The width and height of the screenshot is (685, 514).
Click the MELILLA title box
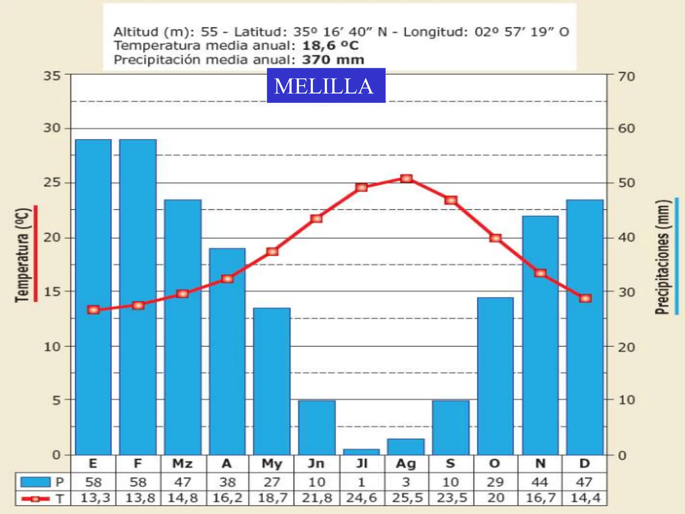coord(326,85)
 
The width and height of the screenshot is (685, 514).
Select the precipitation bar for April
coord(227,351)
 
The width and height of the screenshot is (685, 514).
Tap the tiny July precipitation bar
coord(361,452)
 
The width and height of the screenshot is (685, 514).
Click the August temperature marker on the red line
coord(406,179)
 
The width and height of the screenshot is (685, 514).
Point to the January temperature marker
coord(93,310)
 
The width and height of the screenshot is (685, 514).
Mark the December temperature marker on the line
coord(585,298)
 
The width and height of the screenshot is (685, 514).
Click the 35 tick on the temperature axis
coord(52,76)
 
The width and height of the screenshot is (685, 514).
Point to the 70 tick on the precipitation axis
coord(626,77)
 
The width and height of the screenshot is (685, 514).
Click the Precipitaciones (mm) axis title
coord(663,257)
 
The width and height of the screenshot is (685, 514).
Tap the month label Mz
coord(182,464)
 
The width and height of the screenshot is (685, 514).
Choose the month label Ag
coord(406,464)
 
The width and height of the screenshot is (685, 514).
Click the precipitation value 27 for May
coord(272,482)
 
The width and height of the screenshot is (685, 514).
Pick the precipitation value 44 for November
coord(540,482)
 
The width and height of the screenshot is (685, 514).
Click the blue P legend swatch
coord(35,482)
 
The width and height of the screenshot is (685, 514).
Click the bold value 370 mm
coord(333,60)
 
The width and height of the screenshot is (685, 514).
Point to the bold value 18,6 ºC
coord(330,46)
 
